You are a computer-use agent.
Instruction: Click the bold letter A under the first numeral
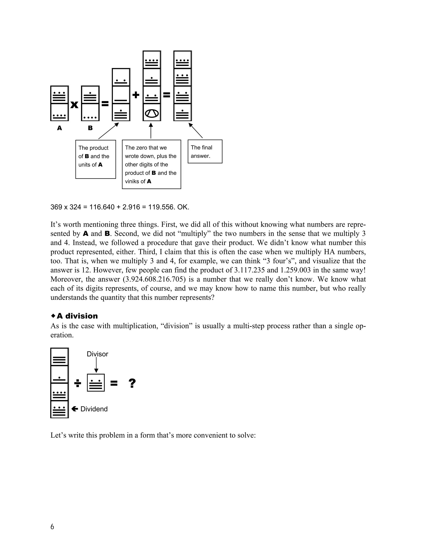point(59,128)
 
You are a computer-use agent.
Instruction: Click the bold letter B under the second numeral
point(90,128)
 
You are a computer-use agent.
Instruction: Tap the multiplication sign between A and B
point(74,105)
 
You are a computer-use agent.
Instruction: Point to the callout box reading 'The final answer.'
point(205,151)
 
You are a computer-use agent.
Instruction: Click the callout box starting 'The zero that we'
point(151,164)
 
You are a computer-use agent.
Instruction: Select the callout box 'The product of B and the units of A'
point(96,159)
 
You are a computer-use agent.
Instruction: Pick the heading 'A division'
point(77,316)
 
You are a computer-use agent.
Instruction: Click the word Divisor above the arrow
point(97,354)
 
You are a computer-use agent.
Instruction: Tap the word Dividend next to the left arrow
point(94,409)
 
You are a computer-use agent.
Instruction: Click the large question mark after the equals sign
point(132,383)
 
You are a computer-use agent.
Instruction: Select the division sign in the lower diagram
point(78,383)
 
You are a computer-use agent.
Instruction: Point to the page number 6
point(52,526)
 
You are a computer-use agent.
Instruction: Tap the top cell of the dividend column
point(59,357)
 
